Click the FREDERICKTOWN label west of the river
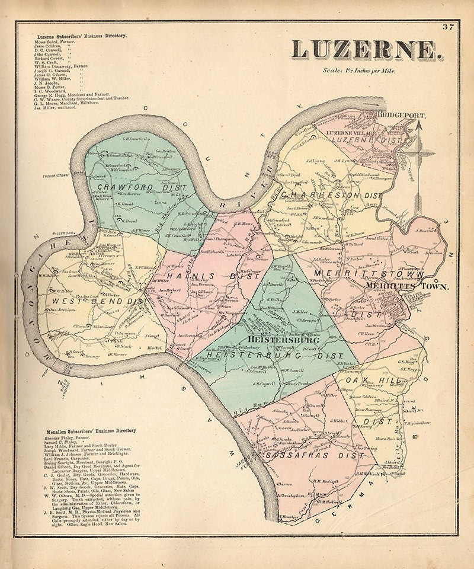[56, 176]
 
